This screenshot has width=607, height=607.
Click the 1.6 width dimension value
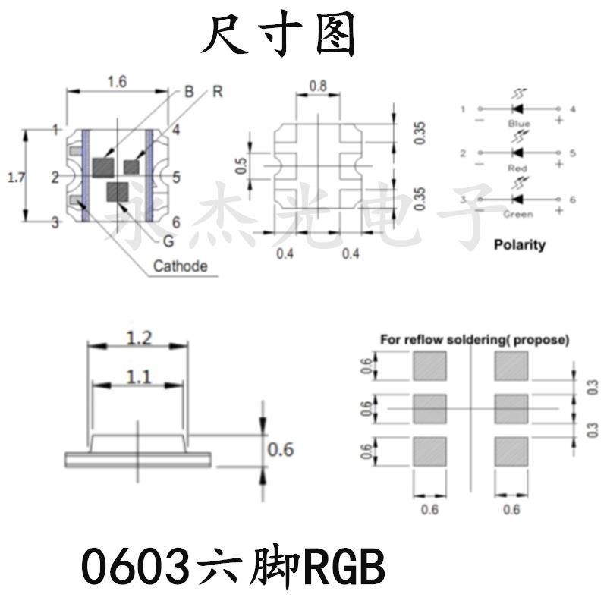point(116,83)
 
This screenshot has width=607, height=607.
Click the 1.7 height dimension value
point(14,178)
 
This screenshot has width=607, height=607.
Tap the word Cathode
point(180,266)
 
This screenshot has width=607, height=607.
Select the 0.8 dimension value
point(318,86)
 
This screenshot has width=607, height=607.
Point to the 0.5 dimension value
point(241,165)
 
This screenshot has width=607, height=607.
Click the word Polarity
point(520,245)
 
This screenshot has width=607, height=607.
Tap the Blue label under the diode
point(520,123)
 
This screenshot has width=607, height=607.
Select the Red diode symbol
point(520,153)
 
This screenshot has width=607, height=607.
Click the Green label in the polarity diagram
point(520,214)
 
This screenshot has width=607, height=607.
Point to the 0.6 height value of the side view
point(281,449)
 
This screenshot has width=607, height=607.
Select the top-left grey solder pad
point(429,368)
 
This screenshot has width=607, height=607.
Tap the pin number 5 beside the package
point(176,178)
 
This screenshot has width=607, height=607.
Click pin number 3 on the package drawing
point(55,222)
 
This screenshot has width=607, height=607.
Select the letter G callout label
point(168,243)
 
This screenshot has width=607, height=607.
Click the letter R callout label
point(217,93)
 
